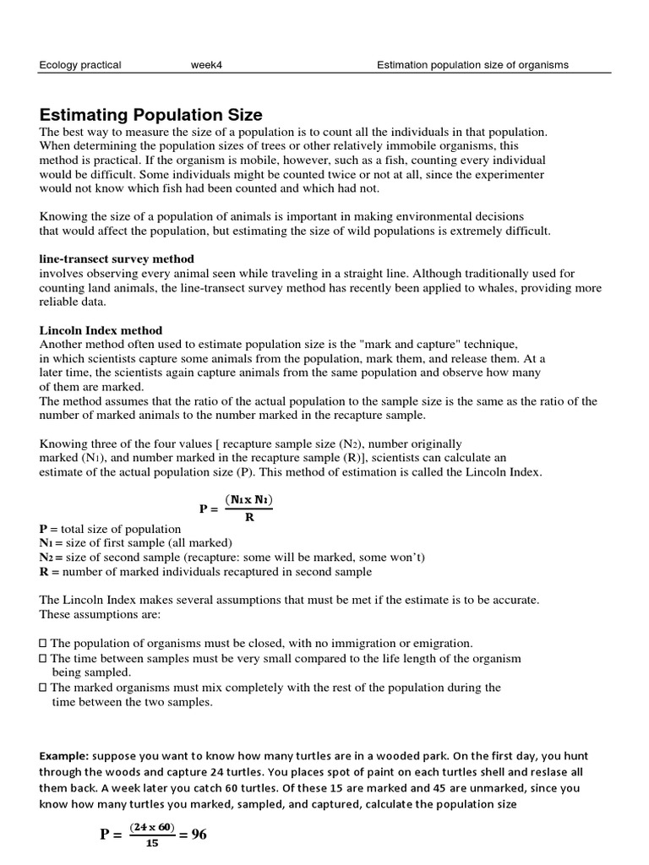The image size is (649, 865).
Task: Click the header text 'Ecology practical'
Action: click(80, 65)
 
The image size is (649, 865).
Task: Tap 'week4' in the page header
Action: click(206, 65)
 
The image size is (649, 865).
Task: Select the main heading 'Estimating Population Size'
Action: click(151, 115)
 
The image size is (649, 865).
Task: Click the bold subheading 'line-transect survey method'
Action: click(117, 258)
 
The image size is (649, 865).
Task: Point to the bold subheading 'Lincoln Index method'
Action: click(101, 330)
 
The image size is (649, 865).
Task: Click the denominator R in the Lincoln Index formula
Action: click(249, 517)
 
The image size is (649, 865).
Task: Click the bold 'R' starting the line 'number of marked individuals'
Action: click(44, 572)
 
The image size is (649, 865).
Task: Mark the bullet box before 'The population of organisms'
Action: click(43, 644)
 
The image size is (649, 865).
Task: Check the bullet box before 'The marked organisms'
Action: click(43, 688)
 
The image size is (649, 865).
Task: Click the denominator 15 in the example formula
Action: click(151, 842)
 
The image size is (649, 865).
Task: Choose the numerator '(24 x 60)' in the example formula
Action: click(152, 828)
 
